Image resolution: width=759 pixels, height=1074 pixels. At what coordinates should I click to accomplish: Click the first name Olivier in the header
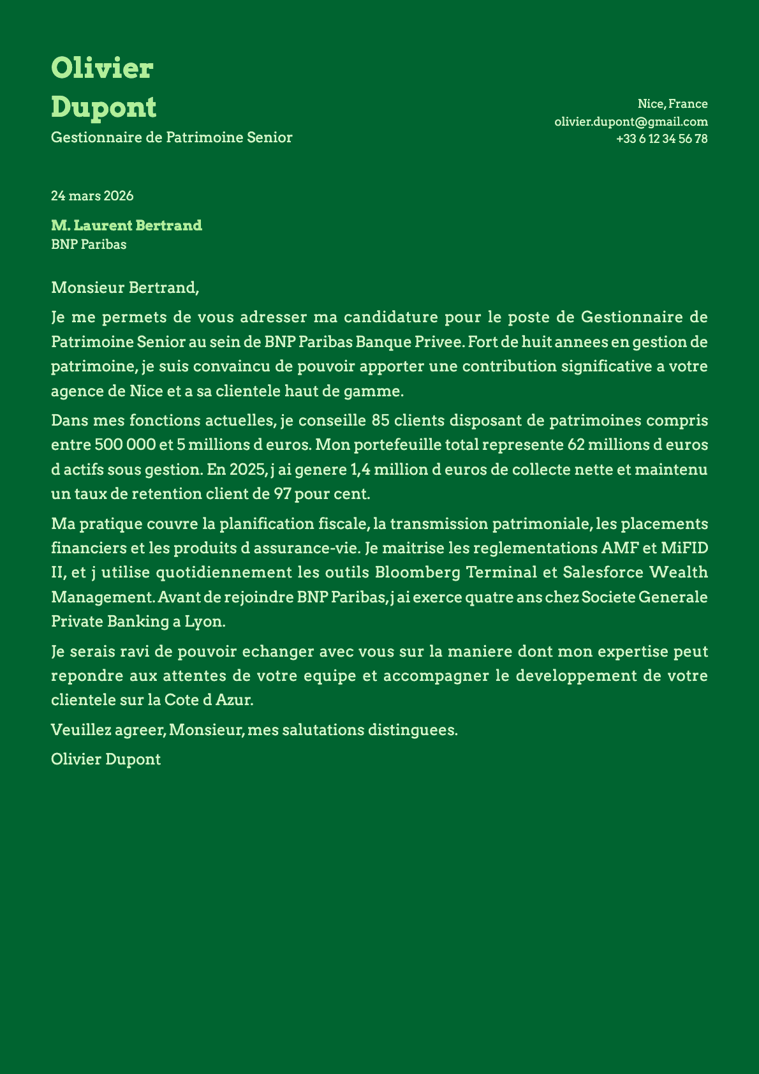[102, 68]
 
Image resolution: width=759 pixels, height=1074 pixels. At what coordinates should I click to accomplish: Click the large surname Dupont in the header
[103, 107]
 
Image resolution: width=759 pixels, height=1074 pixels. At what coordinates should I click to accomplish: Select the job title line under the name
[172, 137]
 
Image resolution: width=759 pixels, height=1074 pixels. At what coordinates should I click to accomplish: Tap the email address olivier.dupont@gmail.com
[631, 121]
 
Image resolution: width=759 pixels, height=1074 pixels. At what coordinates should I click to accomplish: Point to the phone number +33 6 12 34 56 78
[661, 138]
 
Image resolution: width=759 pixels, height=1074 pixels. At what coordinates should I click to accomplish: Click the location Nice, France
[672, 104]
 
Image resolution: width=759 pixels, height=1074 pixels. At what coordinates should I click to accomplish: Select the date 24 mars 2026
[92, 196]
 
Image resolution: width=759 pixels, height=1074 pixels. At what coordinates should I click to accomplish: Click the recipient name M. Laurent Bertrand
[126, 225]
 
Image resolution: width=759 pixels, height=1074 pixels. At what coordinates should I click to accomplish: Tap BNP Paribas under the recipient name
[89, 244]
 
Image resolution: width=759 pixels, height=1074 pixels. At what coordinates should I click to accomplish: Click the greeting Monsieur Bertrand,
[125, 288]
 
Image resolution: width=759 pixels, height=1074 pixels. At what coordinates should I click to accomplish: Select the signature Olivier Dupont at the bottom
[106, 759]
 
